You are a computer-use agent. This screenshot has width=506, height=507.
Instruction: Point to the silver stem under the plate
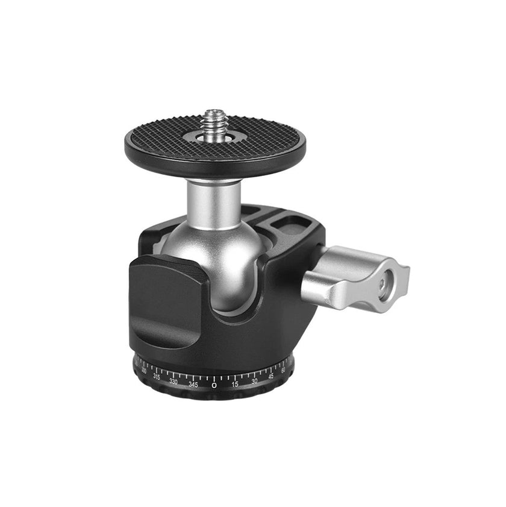click(214, 202)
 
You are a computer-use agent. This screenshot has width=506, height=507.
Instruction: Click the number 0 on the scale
click(214, 385)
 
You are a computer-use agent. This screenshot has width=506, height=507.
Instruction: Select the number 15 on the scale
click(235, 383)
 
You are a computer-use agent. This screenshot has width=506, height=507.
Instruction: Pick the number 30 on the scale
click(254, 380)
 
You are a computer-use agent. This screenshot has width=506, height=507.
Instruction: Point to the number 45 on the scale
click(271, 376)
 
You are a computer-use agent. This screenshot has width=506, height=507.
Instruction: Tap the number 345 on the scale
click(193, 384)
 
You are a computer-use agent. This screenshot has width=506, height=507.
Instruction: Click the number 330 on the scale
click(173, 381)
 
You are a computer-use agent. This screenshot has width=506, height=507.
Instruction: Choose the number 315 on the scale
click(156, 376)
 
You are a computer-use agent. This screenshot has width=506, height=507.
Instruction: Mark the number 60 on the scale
click(284, 370)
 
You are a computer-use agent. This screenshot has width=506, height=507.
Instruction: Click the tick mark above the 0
click(214, 376)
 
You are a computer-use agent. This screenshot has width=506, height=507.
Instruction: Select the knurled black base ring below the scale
click(214, 395)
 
